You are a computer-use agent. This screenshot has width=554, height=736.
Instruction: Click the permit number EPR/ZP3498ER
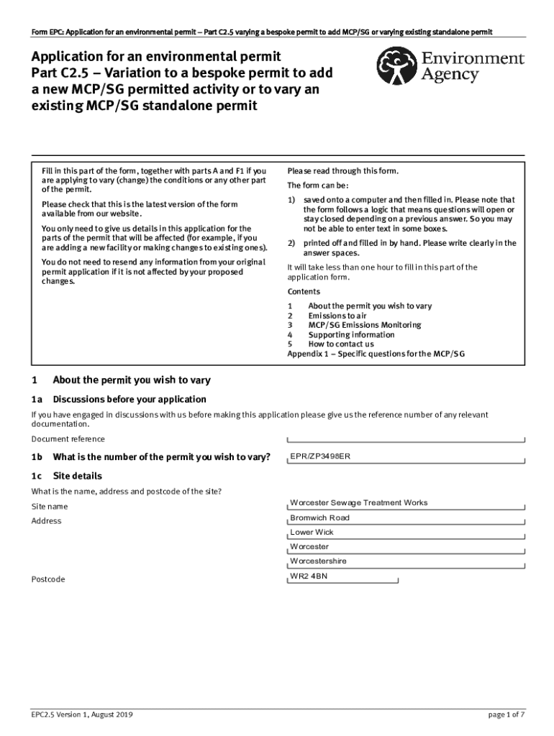click(x=320, y=456)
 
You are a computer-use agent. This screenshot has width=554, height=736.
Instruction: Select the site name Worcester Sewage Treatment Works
click(x=358, y=502)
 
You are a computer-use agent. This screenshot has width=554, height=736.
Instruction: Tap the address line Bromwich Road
click(x=319, y=517)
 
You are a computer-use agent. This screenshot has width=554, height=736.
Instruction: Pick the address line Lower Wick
click(x=312, y=533)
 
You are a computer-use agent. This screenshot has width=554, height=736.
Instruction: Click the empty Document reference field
click(x=406, y=440)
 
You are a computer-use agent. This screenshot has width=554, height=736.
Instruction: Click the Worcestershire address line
click(x=318, y=561)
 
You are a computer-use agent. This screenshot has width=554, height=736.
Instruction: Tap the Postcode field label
click(x=48, y=579)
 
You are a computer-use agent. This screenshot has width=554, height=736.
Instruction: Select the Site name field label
click(x=50, y=507)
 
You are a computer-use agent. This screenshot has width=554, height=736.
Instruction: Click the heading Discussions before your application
click(x=130, y=399)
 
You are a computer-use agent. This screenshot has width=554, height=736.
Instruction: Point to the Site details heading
click(x=78, y=476)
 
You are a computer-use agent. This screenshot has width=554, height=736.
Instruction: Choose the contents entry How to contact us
click(x=341, y=344)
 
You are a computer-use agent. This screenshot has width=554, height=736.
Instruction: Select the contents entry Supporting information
click(x=351, y=335)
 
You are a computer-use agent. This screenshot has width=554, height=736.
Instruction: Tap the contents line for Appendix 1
click(x=376, y=354)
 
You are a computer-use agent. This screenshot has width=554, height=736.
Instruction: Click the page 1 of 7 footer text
click(x=506, y=714)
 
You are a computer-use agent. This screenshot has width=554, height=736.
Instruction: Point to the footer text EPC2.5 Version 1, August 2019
click(x=81, y=714)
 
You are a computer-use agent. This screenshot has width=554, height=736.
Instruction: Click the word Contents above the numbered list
click(x=304, y=292)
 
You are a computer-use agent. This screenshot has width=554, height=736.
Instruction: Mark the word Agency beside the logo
click(x=450, y=75)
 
